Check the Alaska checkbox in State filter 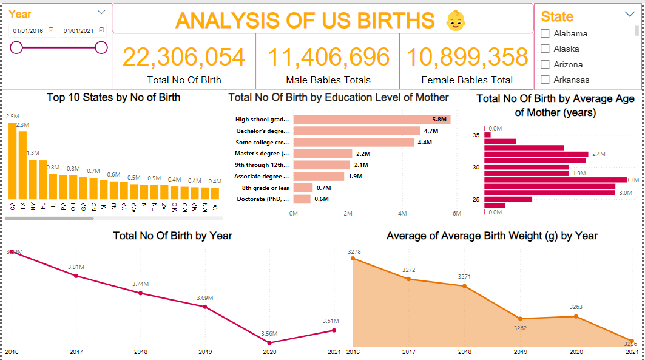545,49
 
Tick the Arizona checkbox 545,64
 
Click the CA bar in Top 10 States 13,161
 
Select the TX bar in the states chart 23,165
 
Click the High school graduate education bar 371,120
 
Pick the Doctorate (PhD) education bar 302,199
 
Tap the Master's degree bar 323,154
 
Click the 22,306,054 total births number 184,57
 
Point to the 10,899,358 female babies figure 467,57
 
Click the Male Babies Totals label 328,80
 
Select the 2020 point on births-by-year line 269,343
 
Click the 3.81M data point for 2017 76,276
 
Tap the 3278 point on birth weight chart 353,259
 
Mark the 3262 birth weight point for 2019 520,319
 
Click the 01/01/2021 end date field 79,30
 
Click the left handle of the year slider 16,47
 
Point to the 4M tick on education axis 403,214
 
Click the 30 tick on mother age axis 476,168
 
